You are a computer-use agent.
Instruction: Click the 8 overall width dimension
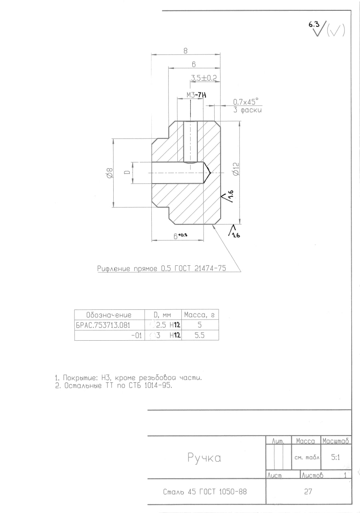tap(185, 50)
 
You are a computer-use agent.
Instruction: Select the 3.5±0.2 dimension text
tap(204, 78)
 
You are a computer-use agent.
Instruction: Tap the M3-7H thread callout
tap(196, 95)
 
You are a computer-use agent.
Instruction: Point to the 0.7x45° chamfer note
tap(245, 102)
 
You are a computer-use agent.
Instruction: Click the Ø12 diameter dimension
tap(236, 169)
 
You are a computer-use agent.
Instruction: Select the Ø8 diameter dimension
tap(110, 173)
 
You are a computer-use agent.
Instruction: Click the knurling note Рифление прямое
tap(161, 269)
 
